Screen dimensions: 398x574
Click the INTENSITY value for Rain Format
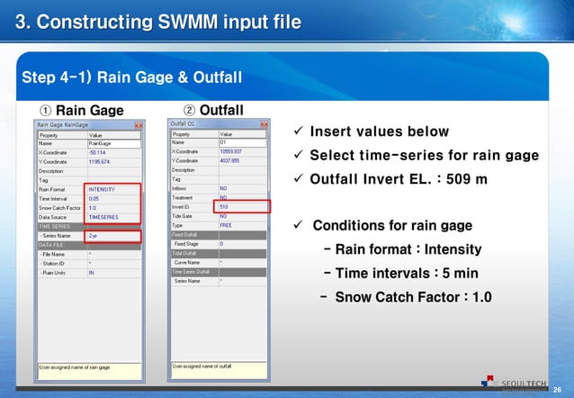point(102,188)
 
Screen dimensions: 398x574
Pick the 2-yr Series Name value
point(94,237)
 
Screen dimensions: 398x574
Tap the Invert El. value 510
point(225,207)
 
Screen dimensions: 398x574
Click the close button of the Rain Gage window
point(138,123)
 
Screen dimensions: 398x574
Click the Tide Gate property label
point(184,216)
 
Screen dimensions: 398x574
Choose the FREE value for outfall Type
point(227,225)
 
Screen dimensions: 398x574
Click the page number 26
point(557,388)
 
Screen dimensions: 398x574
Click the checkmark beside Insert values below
point(300,132)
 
